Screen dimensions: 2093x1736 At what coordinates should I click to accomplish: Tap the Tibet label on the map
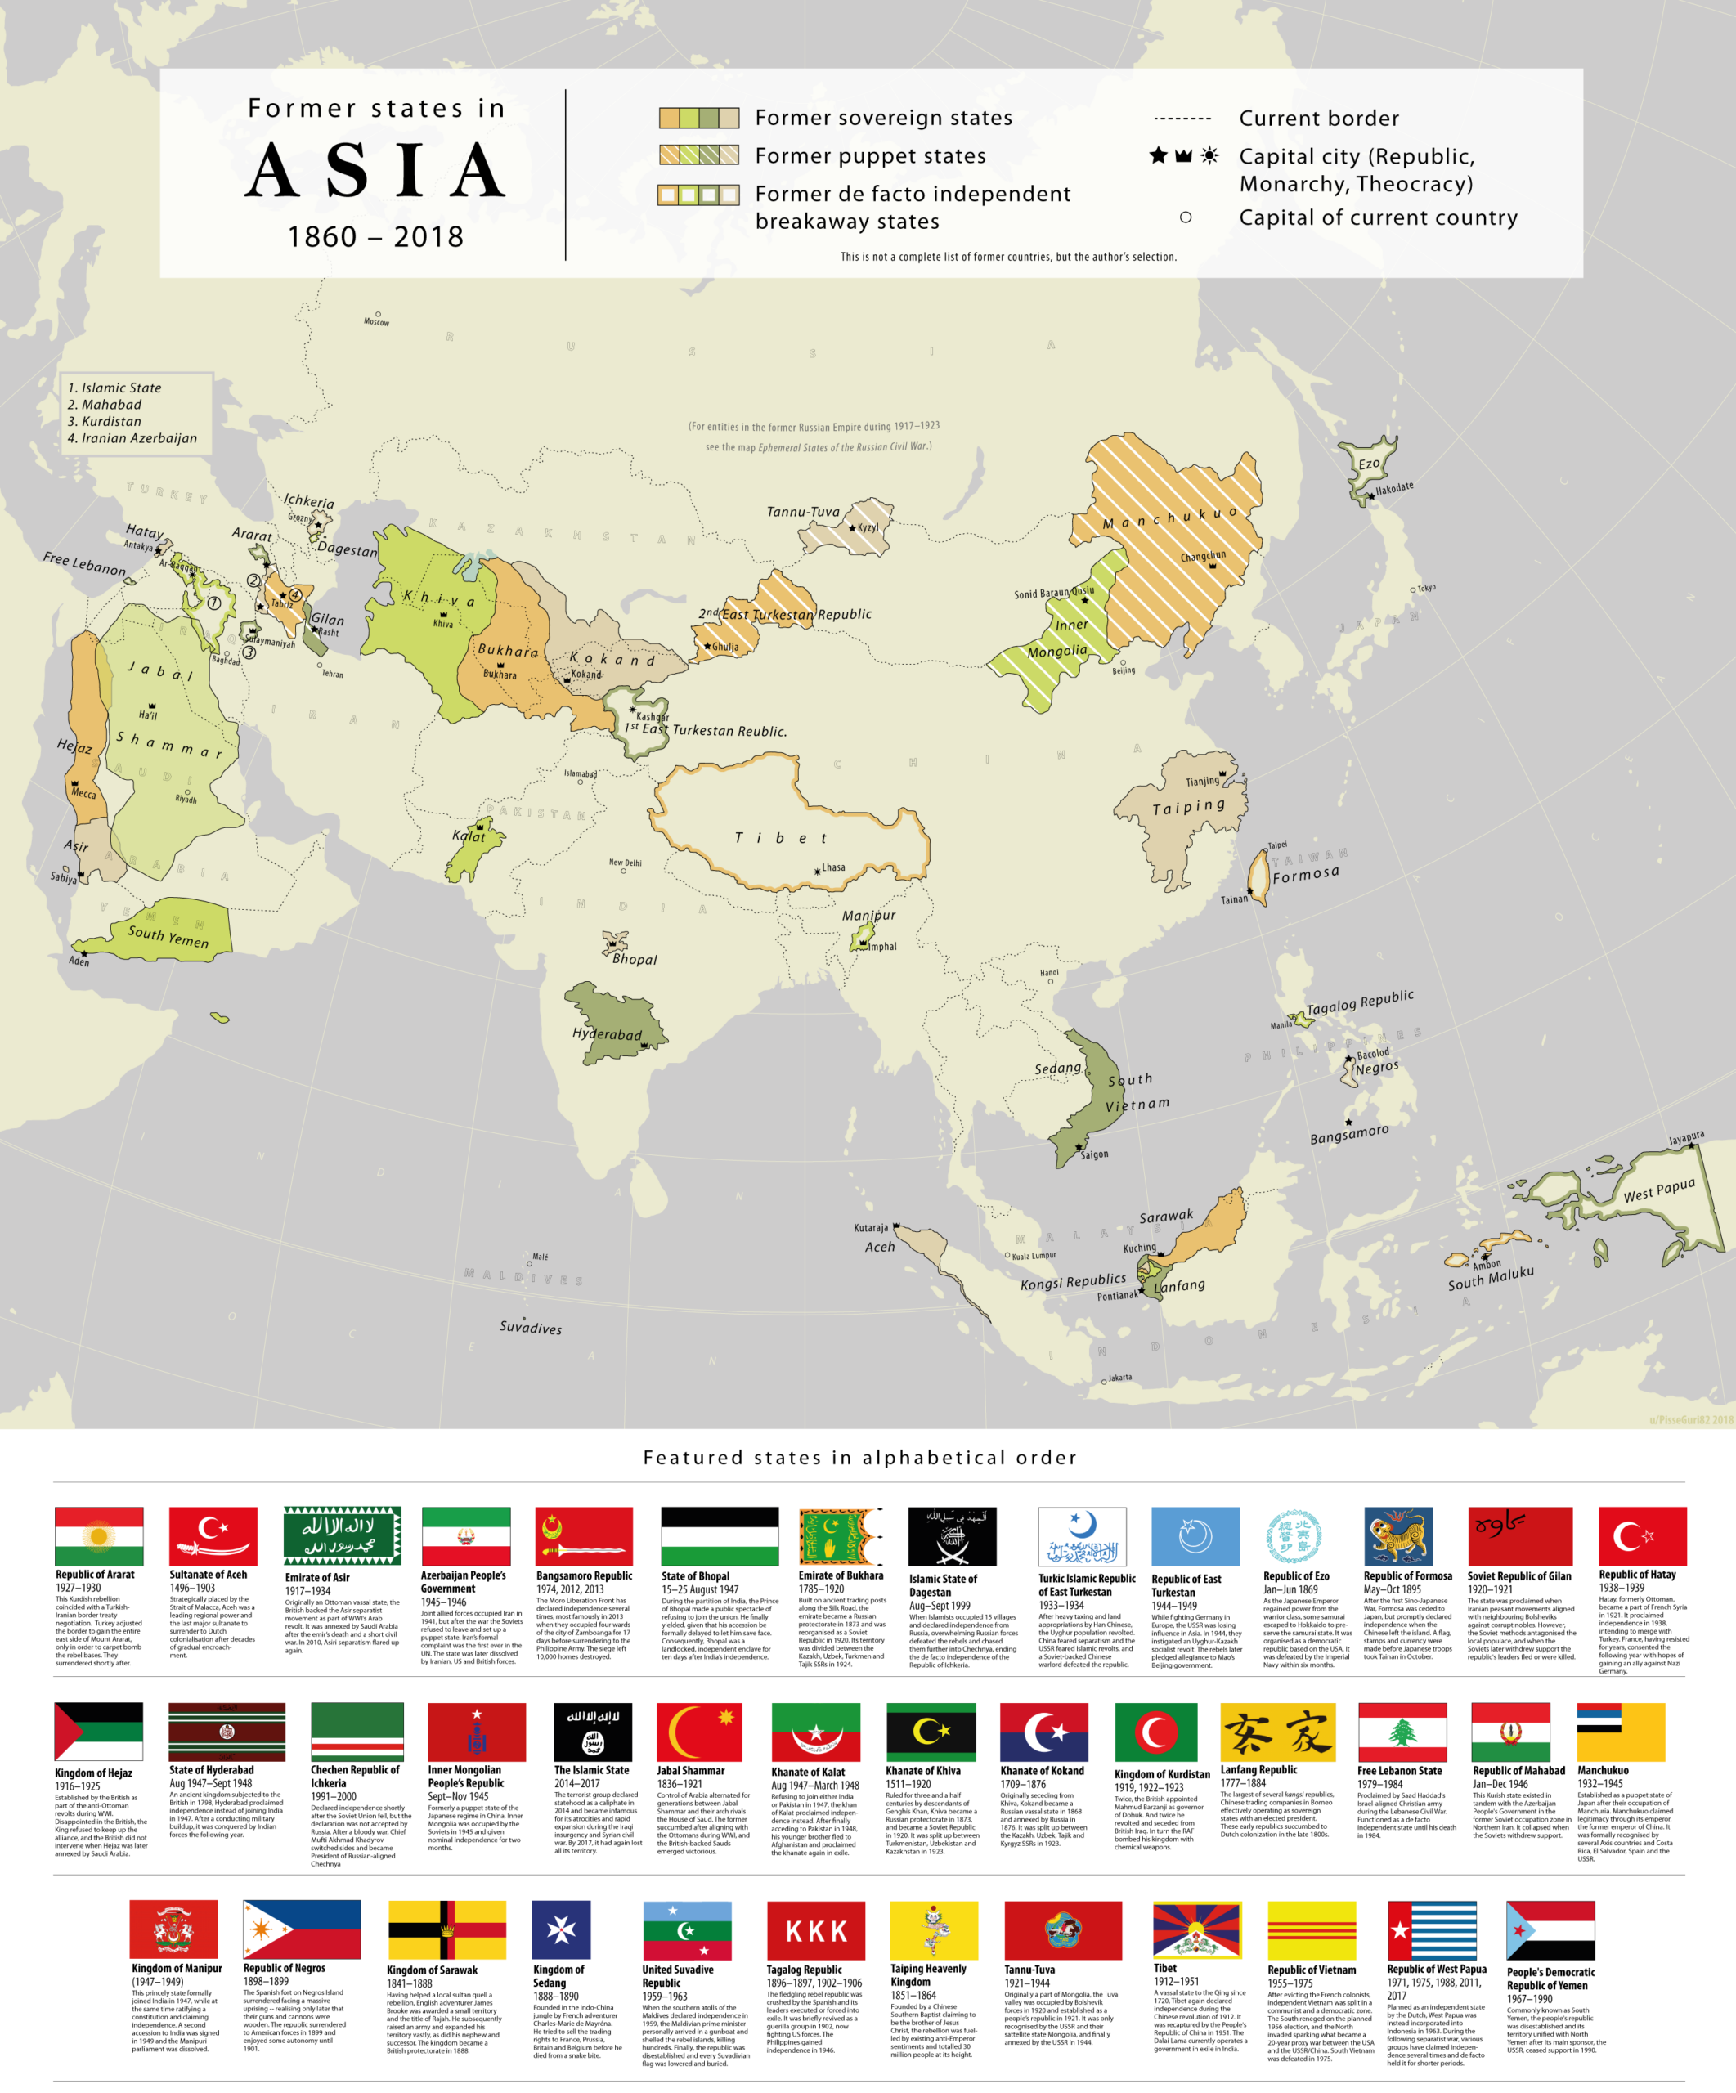781,838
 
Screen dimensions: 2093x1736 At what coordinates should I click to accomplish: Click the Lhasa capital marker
817,871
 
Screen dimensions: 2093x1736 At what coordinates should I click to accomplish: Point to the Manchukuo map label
1170,518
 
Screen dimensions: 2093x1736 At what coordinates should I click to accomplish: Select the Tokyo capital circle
1412,590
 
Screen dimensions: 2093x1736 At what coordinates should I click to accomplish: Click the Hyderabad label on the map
606,1033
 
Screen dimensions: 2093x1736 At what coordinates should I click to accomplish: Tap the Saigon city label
1093,1154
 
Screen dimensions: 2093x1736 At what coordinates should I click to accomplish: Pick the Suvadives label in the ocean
530,1328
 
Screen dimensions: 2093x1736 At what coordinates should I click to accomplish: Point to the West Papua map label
1658,1191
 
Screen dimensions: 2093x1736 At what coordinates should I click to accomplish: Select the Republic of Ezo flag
1294,1536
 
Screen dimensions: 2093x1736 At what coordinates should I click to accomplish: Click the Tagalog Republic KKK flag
815,1930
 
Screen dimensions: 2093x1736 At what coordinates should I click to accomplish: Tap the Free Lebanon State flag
1402,1732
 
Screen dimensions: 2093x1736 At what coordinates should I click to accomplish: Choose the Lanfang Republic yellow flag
1276,1732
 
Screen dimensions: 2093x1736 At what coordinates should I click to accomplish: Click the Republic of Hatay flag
1642,1536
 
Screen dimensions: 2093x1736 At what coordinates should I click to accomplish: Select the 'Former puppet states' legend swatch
698,155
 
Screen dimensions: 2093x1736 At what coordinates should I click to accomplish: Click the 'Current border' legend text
1318,119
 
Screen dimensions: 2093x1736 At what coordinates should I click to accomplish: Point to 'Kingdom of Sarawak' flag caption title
432,1970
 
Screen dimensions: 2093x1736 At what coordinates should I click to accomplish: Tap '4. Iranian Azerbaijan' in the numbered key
132,438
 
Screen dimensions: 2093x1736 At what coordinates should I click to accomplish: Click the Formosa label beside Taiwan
1306,874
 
